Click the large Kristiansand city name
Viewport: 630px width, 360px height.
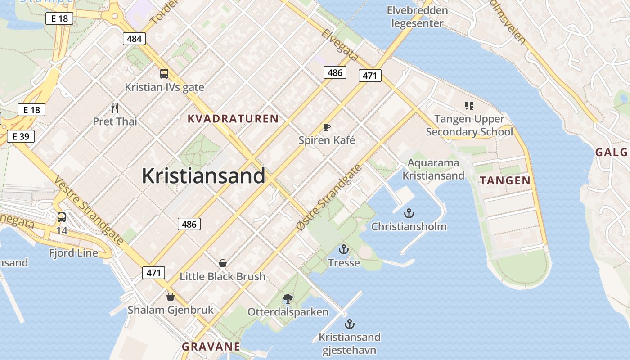click(203, 175)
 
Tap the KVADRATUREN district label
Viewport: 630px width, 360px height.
click(233, 119)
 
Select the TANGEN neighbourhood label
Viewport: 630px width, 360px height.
click(505, 181)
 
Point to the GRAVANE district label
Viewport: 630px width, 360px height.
click(211, 346)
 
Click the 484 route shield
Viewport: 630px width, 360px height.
click(134, 39)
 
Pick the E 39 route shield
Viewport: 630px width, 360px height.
click(21, 136)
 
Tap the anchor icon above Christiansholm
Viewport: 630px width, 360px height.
click(409, 213)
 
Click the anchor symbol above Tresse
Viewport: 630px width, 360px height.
click(344, 249)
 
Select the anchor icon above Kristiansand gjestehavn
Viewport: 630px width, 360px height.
click(349, 324)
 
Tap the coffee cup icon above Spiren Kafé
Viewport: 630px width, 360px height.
click(327, 127)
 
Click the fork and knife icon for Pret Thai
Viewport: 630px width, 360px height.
click(115, 108)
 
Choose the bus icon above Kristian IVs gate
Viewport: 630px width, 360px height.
click(164, 74)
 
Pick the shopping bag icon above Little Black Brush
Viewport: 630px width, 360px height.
click(222, 263)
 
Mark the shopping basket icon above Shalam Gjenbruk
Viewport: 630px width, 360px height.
click(170, 297)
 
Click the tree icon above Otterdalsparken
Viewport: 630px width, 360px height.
click(288, 298)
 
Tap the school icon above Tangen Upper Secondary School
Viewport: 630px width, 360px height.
click(469, 106)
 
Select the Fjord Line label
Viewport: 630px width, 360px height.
click(74, 253)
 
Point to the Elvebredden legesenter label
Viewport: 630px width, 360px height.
click(417, 17)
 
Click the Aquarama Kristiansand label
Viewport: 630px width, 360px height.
click(433, 169)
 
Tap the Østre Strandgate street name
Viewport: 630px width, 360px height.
click(330, 198)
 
